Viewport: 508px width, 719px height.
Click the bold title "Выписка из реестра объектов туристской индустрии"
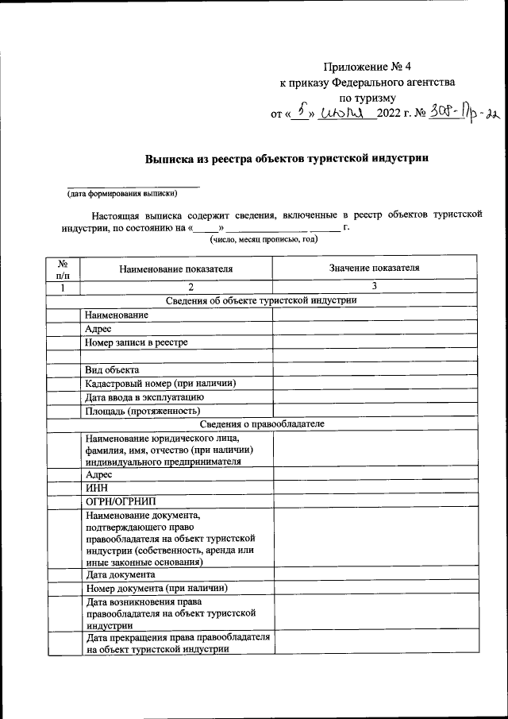(287, 158)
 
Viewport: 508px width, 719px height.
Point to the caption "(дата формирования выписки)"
(121, 193)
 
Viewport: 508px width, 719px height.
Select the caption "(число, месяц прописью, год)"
(263, 239)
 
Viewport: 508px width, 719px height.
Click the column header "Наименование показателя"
(176, 269)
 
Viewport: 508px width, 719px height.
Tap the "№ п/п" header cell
(63, 269)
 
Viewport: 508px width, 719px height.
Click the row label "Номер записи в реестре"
(137, 342)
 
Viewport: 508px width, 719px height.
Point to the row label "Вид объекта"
(112, 370)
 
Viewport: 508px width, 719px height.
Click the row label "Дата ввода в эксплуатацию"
(145, 397)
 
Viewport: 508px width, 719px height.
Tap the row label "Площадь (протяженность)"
(141, 411)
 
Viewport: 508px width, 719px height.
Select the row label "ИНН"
(96, 487)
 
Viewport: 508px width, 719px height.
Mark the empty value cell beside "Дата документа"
(374, 574)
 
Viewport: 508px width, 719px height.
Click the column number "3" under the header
(374, 286)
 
